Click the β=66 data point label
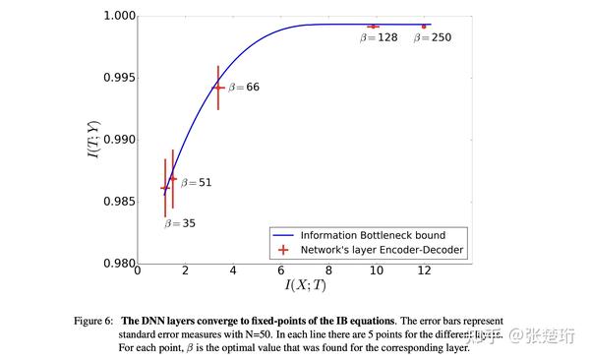coord(244,88)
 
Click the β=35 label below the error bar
coord(179,223)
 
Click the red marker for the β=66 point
coord(218,88)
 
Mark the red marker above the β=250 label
coord(424,27)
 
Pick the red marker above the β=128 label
coord(374,27)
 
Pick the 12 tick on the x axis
coord(424,271)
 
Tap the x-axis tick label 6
coord(280,271)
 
